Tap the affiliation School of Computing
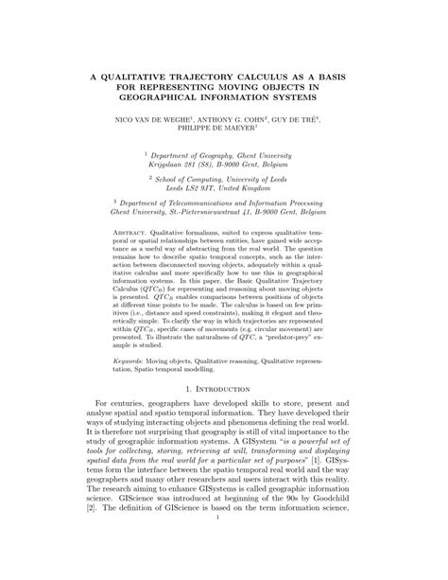[x=202, y=177]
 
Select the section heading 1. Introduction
[x=224, y=388]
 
